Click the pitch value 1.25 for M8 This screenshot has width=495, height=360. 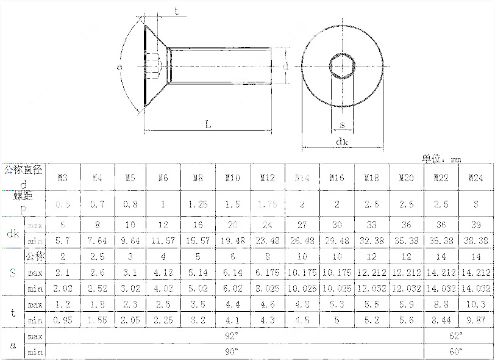click(x=198, y=204)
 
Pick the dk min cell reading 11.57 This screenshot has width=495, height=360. click(x=163, y=241)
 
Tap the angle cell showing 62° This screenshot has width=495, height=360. click(x=455, y=336)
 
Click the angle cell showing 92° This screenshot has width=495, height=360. click(x=232, y=336)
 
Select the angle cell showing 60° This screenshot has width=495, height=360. click(x=455, y=351)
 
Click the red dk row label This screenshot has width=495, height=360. click(x=13, y=232)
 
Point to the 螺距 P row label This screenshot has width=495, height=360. click(x=23, y=202)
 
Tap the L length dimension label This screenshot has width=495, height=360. click(x=208, y=124)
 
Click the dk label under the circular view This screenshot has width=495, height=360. click(x=341, y=142)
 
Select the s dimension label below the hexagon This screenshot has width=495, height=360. click(x=342, y=125)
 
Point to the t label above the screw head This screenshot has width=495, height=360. click(x=176, y=11)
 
